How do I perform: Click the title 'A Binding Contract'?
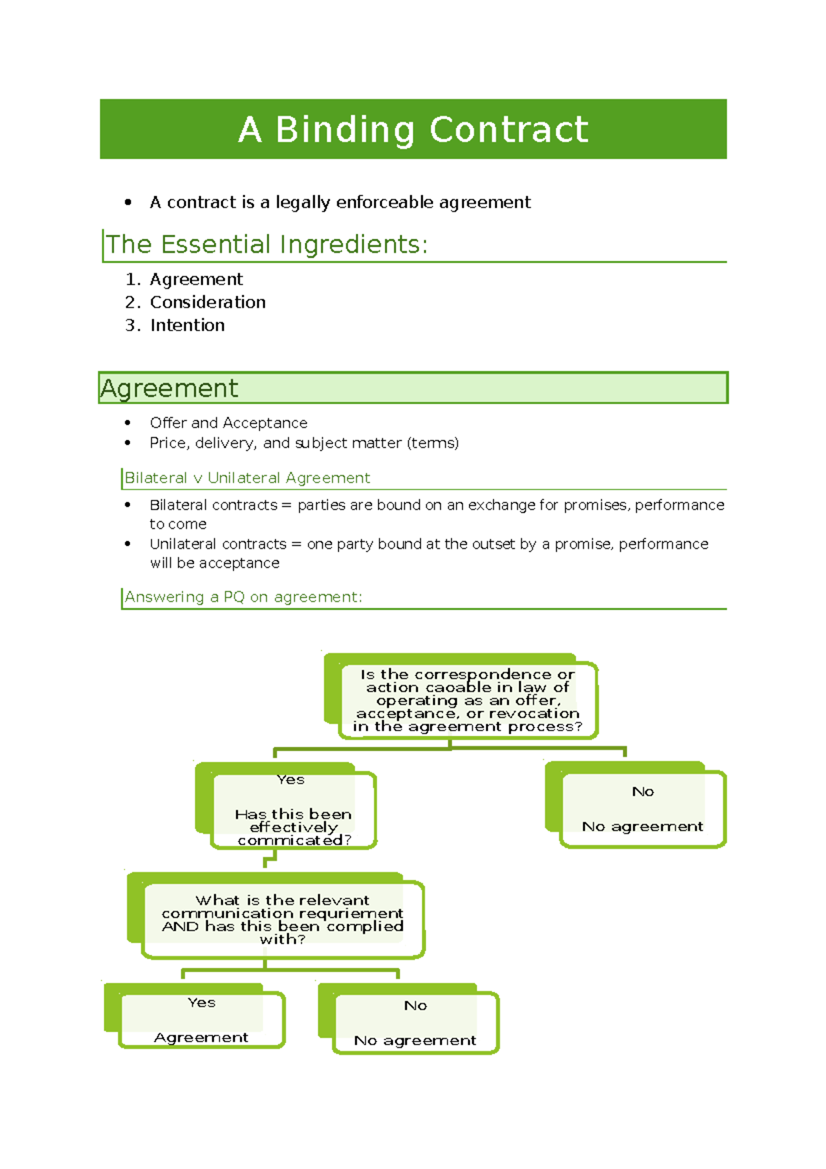pyautogui.click(x=413, y=129)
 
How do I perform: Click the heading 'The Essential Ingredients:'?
pyautogui.click(x=266, y=244)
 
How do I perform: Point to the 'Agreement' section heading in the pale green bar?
pyautogui.click(x=169, y=388)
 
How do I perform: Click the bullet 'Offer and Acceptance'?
pyautogui.click(x=229, y=423)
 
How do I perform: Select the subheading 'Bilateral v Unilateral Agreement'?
pyautogui.click(x=247, y=478)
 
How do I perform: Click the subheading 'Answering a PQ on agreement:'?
pyautogui.click(x=243, y=597)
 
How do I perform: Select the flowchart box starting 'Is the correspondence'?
pyautogui.click(x=467, y=700)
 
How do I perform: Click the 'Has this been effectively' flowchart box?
pyautogui.click(x=293, y=810)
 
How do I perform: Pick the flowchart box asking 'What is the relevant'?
pyautogui.click(x=282, y=919)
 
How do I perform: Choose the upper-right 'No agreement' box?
pyautogui.click(x=642, y=809)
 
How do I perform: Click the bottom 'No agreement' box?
pyautogui.click(x=415, y=1023)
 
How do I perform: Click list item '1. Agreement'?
pyautogui.click(x=196, y=280)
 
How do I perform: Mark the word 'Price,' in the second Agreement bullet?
pyautogui.click(x=169, y=443)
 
